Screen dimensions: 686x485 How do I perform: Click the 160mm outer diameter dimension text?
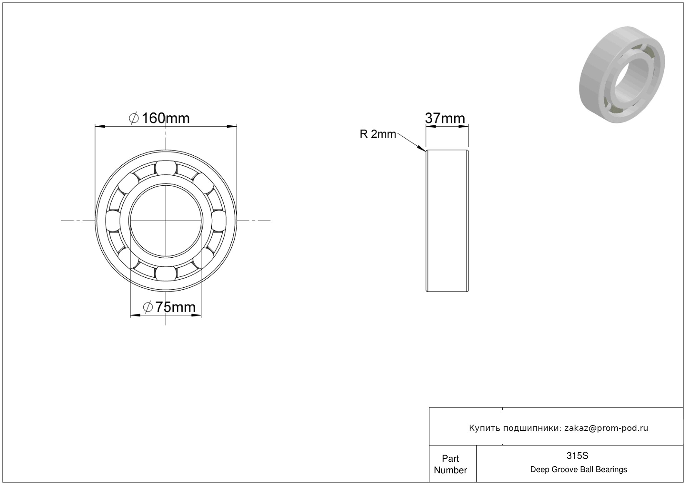click(x=166, y=118)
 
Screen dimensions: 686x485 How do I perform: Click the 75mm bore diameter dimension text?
click(x=175, y=307)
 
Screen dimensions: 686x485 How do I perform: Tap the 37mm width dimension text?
click(x=445, y=118)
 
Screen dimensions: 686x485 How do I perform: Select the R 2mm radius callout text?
click(x=378, y=134)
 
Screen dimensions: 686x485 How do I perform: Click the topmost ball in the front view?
click(x=166, y=168)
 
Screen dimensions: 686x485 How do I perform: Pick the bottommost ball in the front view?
click(x=166, y=273)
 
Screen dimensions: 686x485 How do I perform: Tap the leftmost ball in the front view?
click(x=113, y=221)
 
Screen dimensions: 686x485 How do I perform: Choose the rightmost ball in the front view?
click(x=219, y=221)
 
